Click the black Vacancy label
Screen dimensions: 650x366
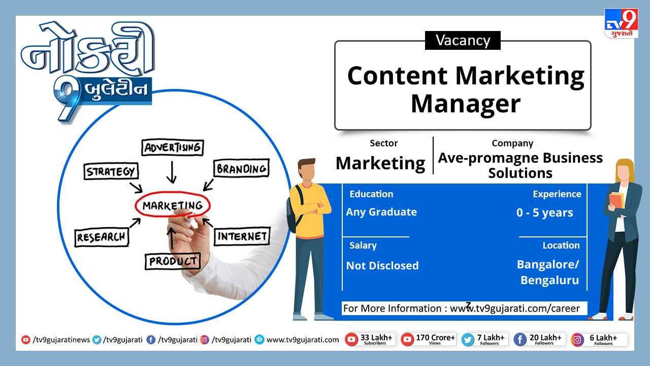point(463,40)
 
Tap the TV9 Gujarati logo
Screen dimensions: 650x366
point(621,23)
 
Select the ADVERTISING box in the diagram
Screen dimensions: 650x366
point(173,147)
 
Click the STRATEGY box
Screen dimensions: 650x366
point(111,171)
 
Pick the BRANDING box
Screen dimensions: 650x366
point(241,168)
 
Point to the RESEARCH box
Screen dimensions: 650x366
point(102,237)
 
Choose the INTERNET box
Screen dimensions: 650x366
point(242,236)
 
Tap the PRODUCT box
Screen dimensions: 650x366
point(173,261)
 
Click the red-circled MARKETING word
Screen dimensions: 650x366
point(173,205)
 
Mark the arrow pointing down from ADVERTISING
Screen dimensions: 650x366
point(172,172)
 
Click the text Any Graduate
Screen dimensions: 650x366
point(381,212)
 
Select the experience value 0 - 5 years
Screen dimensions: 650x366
point(545,212)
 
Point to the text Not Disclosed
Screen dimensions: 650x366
point(382,265)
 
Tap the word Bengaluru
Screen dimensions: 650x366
point(549,280)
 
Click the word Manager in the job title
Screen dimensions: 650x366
point(466,104)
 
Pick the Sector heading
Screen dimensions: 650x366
point(383,143)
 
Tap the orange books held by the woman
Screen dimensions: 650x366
point(616,200)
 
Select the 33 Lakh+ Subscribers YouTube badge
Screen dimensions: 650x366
point(370,340)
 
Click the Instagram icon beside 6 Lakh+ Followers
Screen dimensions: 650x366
point(577,340)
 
